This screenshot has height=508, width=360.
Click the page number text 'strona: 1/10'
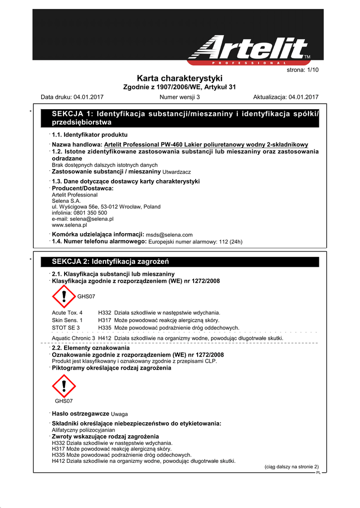click(x=302, y=70)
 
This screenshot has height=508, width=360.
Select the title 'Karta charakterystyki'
click(x=179, y=78)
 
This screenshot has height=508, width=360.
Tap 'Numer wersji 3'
click(x=180, y=97)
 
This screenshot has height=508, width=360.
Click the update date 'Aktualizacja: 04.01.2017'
click(x=286, y=97)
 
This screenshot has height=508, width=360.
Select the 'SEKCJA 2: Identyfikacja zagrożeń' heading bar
click(x=180, y=261)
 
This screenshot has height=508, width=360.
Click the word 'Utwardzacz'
click(x=177, y=172)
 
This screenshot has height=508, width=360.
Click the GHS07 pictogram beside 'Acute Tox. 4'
click(x=64, y=296)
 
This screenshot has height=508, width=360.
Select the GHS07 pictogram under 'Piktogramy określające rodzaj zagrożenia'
click(x=64, y=386)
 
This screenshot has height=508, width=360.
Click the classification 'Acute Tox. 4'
click(x=68, y=313)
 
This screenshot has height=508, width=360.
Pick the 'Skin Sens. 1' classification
click(x=68, y=320)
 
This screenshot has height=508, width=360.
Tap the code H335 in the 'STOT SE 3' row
click(x=105, y=328)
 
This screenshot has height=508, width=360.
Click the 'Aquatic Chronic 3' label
click(x=73, y=338)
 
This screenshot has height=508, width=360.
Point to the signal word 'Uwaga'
click(x=120, y=414)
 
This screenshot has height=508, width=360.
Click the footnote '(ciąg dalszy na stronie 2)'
click(x=291, y=467)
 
